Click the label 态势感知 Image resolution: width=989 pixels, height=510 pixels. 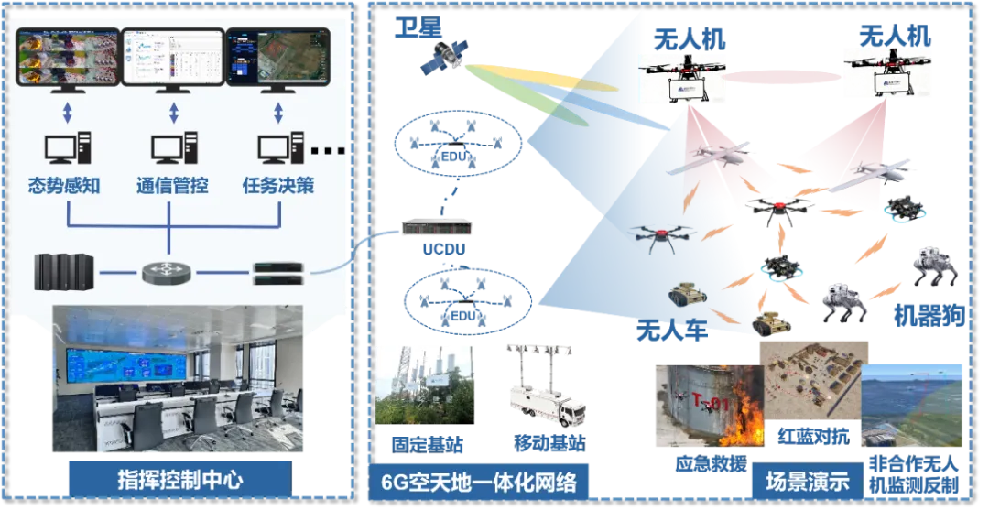point(64,186)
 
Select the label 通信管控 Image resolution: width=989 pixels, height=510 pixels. point(172,186)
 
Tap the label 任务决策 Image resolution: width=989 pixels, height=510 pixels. point(278,186)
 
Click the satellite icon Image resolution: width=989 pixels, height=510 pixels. point(440,57)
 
